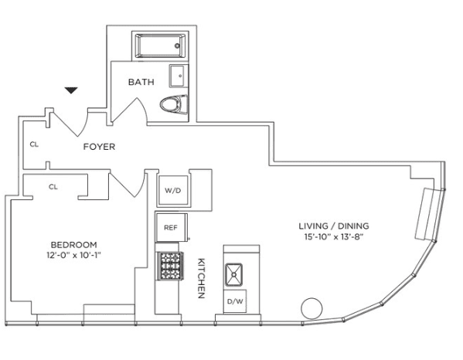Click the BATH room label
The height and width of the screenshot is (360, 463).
(x=141, y=82)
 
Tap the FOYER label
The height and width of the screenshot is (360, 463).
(x=99, y=147)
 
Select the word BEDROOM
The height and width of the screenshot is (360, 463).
(x=74, y=245)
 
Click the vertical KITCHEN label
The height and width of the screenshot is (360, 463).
(x=201, y=278)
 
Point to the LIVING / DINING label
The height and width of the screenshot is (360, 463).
(x=334, y=226)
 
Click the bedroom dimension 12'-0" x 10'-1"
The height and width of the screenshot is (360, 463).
(x=74, y=255)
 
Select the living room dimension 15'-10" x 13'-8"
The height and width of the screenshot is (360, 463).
(x=334, y=236)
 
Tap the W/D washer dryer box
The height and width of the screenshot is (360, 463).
(x=172, y=191)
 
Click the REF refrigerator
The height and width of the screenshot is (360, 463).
(x=172, y=227)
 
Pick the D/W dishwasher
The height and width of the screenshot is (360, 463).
(x=235, y=301)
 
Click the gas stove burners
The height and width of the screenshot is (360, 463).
(x=170, y=266)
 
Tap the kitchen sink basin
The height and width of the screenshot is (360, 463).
(x=234, y=275)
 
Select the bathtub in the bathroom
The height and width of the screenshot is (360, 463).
(x=160, y=46)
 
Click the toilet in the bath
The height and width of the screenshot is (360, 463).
(x=174, y=104)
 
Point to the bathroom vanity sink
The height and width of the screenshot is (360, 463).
(x=179, y=76)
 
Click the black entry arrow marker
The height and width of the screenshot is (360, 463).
(x=71, y=90)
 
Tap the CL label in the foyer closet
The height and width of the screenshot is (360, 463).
(x=34, y=144)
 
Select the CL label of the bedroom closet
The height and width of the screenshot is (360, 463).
(x=53, y=187)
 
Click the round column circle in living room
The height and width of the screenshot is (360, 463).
(x=312, y=308)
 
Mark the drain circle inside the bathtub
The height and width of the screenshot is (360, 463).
(x=177, y=46)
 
